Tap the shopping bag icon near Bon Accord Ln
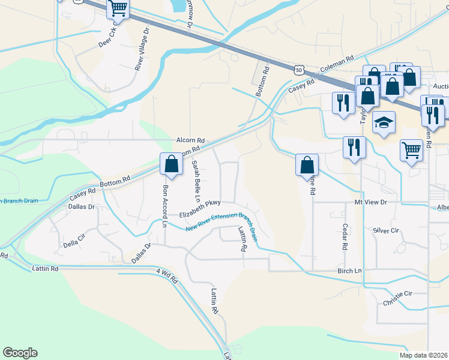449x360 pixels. [x=171, y=164]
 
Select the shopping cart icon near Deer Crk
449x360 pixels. [x=118, y=9]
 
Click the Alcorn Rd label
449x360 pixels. [x=191, y=140]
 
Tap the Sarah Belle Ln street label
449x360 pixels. [x=195, y=181]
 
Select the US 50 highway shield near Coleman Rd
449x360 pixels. [x=299, y=70]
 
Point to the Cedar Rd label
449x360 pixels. [x=345, y=238]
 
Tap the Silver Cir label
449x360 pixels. [x=386, y=230]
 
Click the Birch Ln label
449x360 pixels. [x=349, y=271]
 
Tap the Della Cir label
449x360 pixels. [x=75, y=244]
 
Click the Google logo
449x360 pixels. [x=20, y=353]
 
